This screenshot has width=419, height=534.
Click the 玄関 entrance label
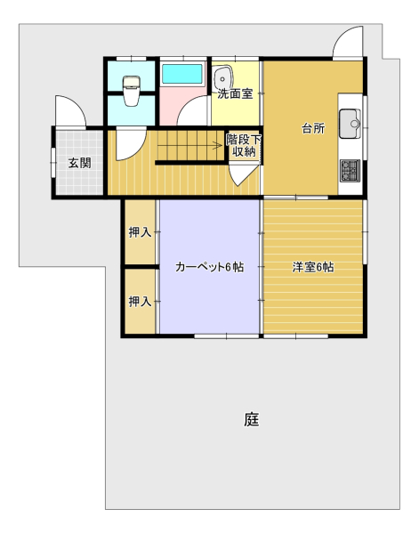click(80, 163)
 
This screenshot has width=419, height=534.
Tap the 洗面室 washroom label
click(235, 93)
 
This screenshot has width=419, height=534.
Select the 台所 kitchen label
click(313, 128)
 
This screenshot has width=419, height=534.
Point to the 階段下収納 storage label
click(244, 145)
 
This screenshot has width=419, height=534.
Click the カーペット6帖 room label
click(209, 267)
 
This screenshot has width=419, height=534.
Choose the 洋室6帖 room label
click(313, 267)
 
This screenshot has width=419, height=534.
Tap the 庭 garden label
click(252, 419)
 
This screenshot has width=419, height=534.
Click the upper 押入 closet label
click(140, 232)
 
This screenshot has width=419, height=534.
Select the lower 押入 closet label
click(140, 301)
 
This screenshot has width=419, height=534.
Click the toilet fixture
click(132, 91)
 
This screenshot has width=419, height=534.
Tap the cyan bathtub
click(182, 74)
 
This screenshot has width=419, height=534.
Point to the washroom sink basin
click(223, 78)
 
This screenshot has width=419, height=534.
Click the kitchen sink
click(350, 124)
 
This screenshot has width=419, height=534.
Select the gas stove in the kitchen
click(350, 171)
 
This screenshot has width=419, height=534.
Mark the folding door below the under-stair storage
click(242, 175)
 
